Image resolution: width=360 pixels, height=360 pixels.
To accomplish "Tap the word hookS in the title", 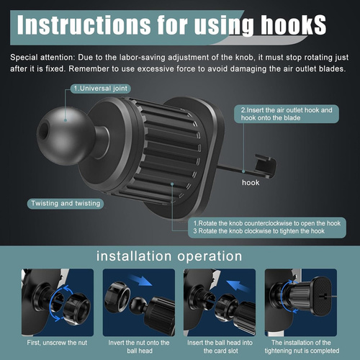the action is coord(294,25).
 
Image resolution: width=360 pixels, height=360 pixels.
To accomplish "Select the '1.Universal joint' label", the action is coord(101,89).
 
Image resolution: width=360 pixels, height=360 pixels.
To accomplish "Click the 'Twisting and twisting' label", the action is coord(66,204).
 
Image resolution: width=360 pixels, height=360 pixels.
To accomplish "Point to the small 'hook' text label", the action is coord(251,183).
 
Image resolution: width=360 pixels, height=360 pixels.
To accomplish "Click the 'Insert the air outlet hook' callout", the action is coord(287,114).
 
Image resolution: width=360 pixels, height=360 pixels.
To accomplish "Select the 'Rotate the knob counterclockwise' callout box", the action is coord(267,228).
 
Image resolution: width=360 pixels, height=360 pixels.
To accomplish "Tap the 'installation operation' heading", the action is coord(169,256).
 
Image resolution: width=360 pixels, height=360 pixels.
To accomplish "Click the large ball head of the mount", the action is coord(64,135).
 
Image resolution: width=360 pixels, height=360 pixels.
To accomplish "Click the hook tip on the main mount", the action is coord(266,165).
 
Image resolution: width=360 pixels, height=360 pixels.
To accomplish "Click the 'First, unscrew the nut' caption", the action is coord(57,343).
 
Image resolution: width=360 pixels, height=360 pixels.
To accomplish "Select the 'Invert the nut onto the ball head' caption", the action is coord(139,346).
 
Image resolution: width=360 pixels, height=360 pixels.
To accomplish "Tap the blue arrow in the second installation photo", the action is coord(140,280).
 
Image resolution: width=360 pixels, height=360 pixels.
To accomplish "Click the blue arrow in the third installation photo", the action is coord(238,286).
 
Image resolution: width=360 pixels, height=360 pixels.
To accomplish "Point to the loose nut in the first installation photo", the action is coord(77,309).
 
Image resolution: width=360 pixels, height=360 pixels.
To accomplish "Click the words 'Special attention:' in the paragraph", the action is coord(42,58).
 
